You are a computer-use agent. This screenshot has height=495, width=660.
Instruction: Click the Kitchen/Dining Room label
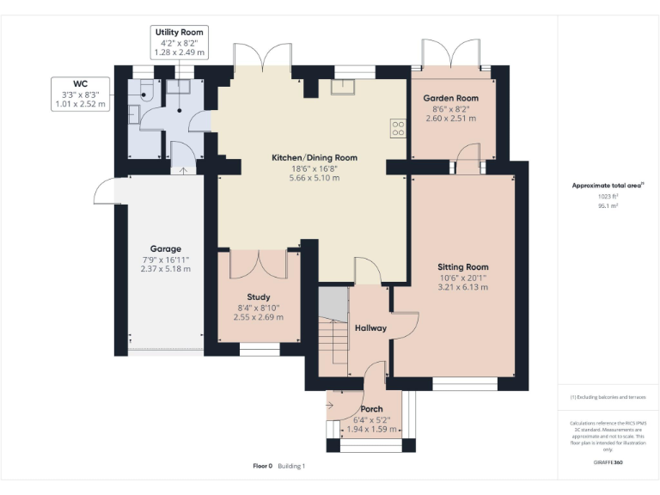coord(314,157)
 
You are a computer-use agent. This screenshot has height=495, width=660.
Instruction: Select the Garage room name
coord(166,248)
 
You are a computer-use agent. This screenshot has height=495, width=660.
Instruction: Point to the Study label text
coord(258,296)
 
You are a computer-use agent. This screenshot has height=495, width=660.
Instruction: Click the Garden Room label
coord(450,98)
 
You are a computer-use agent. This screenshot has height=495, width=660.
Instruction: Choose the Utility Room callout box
coord(179,42)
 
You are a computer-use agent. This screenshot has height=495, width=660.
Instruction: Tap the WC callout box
coord(80,94)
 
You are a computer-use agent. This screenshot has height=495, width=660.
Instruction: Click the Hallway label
coord(370,328)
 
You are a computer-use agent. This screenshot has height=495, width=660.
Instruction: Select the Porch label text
coord(371,408)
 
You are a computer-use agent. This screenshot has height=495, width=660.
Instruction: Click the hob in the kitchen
coord(399,128)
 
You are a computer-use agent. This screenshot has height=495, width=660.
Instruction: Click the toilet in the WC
coord(144,90)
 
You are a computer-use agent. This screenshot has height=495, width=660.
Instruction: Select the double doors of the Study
coord(258,262)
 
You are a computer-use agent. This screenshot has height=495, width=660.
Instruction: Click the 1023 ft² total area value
coord(608,196)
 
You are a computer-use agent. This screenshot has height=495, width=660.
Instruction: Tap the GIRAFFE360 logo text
coord(608,461)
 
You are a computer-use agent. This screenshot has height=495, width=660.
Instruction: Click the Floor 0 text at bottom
coord(262,466)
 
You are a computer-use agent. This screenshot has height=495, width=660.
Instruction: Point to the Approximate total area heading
coord(608,185)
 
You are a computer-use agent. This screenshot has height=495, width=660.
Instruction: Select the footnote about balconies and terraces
coord(608,397)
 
